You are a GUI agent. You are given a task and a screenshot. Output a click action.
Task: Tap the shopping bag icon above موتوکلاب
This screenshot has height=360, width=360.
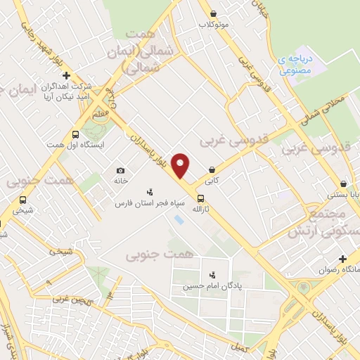point(213,14)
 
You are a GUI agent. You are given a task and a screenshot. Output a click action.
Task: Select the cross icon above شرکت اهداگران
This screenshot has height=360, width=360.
point(67,75)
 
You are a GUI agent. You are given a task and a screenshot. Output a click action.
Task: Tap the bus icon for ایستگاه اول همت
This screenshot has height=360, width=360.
point(75,134)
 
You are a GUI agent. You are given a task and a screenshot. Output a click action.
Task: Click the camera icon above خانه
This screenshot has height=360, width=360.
point(121,171)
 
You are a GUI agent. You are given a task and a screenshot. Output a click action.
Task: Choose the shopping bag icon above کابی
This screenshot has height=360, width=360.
point(212,169)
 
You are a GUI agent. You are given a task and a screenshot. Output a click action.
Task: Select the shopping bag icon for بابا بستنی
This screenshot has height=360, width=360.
point(342,184)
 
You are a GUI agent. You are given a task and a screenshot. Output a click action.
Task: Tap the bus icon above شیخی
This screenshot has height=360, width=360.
point(23,200)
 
